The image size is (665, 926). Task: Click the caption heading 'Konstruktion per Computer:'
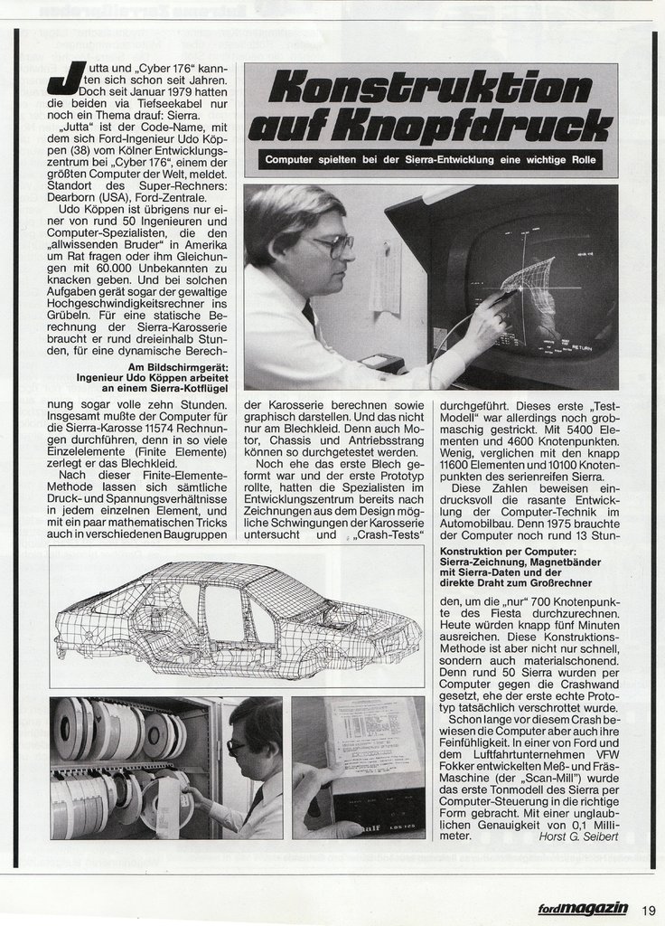(506, 552)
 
